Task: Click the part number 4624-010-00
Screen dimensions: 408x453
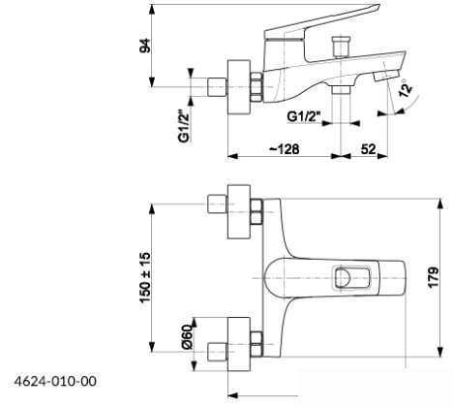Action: pos(55,381)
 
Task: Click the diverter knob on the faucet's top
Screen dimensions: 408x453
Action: pos(339,46)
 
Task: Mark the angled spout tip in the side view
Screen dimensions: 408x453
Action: pos(386,77)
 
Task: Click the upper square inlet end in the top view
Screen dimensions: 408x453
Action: pos(217,204)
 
